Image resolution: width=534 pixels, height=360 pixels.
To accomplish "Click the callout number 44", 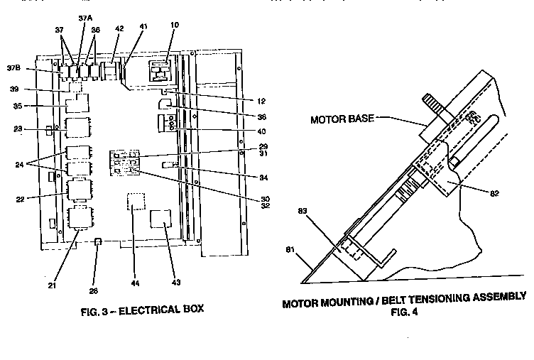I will click(x=135, y=283).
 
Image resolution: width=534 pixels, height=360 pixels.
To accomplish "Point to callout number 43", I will click(x=175, y=283).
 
